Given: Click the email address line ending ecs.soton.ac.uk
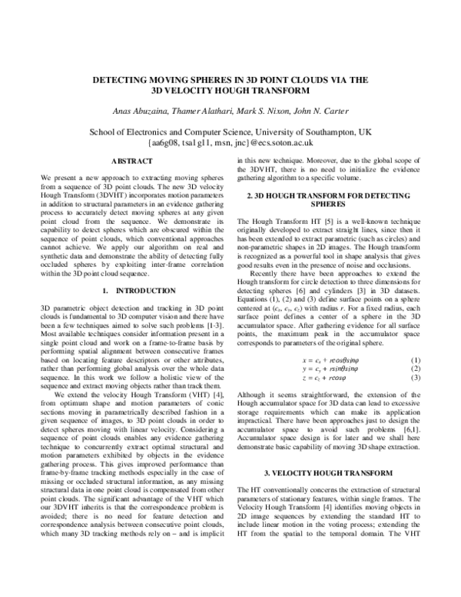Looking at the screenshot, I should [x=231, y=142].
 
